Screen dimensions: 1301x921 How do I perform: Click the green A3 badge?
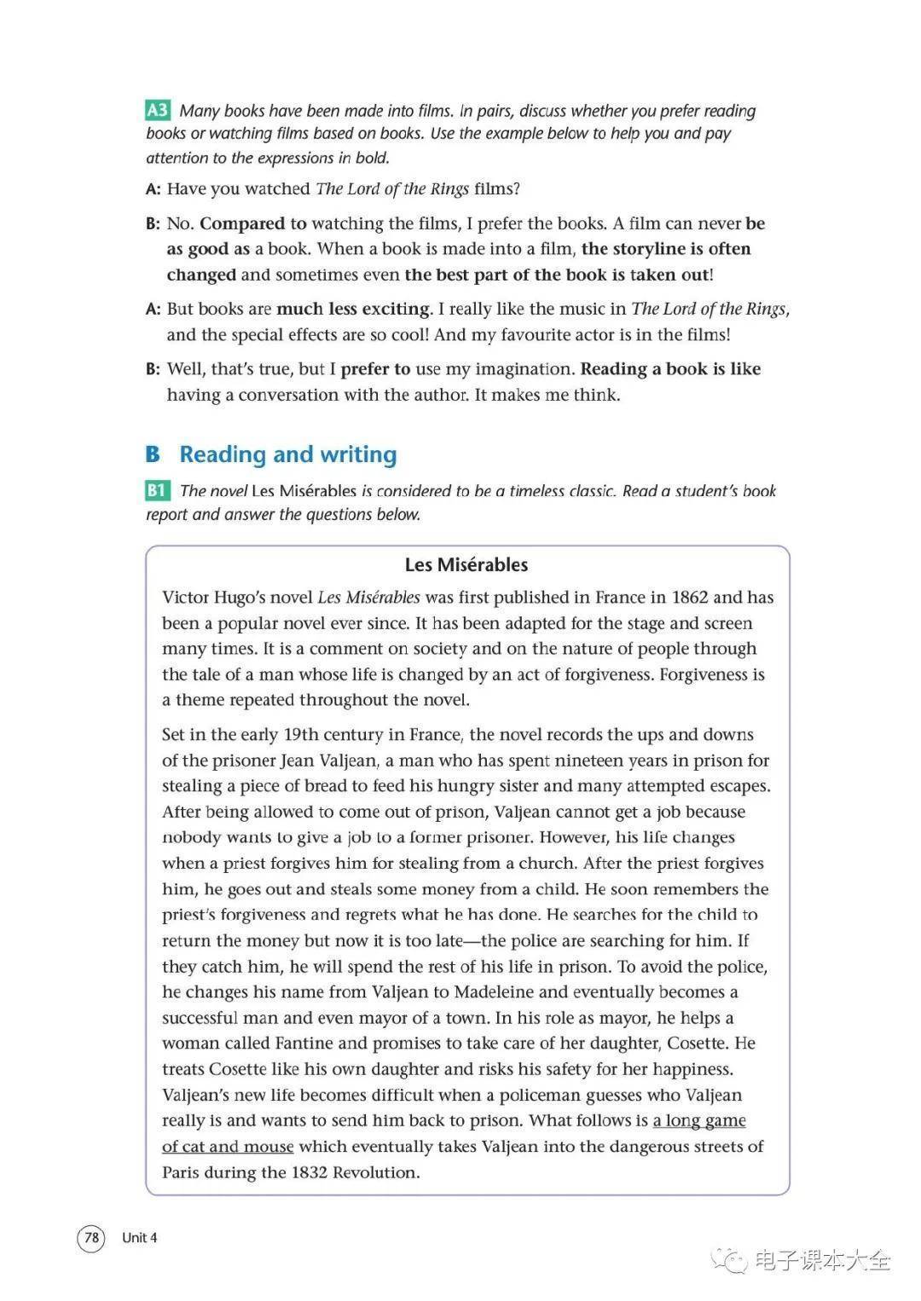point(158,110)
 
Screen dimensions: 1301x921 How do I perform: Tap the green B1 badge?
point(158,490)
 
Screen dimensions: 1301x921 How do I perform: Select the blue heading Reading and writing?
point(287,454)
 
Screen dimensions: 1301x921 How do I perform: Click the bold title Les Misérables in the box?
point(466,564)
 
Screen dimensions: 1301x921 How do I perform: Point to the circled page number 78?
point(91,1237)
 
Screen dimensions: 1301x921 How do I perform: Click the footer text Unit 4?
point(140,1238)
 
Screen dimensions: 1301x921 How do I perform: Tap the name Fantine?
point(302,1043)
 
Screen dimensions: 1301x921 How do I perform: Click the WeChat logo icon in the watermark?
point(729,1260)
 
